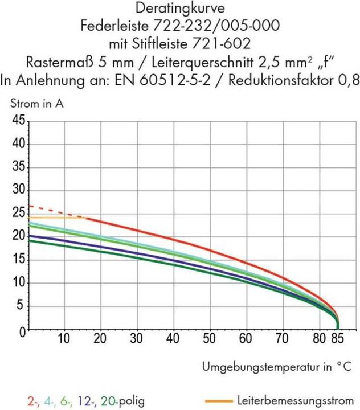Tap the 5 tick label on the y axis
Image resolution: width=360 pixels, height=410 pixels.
[x=21, y=306]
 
